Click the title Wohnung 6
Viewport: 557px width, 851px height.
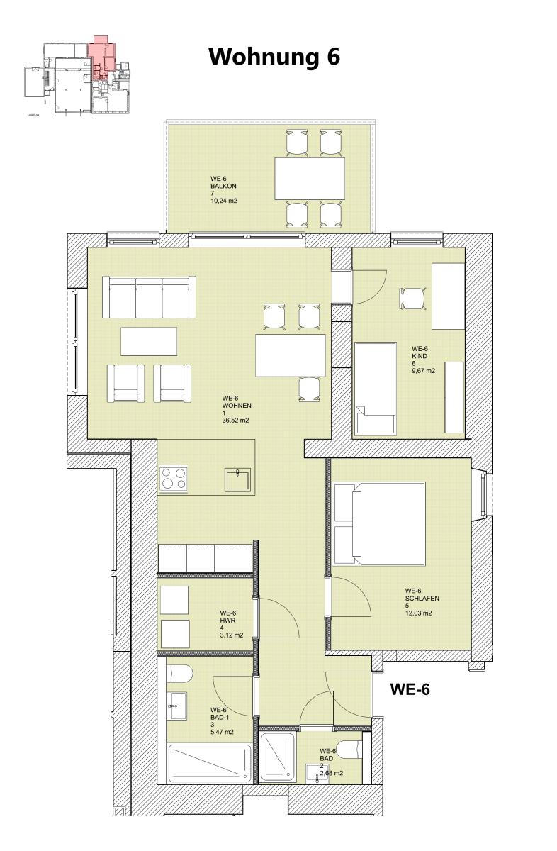coord(274,57)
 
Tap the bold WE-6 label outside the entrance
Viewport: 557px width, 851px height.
coord(411,689)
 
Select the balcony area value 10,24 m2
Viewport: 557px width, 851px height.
coord(223,201)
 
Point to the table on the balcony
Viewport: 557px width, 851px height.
coord(310,179)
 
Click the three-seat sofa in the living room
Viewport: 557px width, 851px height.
coord(149,297)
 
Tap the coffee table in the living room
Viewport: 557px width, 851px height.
coord(149,340)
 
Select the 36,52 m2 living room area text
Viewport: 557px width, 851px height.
coord(235,421)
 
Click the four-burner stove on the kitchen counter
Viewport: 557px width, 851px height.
coord(174,479)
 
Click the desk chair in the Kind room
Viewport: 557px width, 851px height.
coord(412,298)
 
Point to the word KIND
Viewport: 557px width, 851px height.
coord(420,356)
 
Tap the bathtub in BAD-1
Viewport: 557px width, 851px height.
coord(209,763)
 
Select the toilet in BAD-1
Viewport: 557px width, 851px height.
coord(177,673)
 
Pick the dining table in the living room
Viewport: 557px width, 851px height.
coord(291,355)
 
